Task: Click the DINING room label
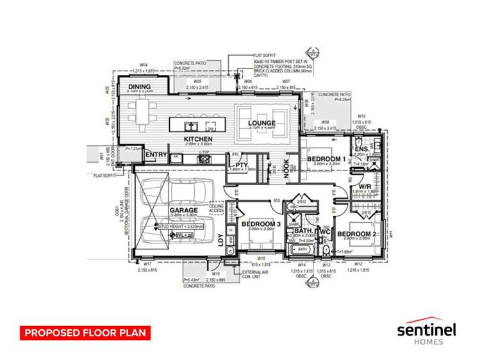140,86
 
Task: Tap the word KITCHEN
198,139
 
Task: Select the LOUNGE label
262,123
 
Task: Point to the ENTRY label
156,154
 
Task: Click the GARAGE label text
183,210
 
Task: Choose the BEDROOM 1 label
326,158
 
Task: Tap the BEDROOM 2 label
356,233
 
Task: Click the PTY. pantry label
242,163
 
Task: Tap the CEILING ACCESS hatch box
217,208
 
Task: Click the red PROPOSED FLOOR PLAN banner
84,332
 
